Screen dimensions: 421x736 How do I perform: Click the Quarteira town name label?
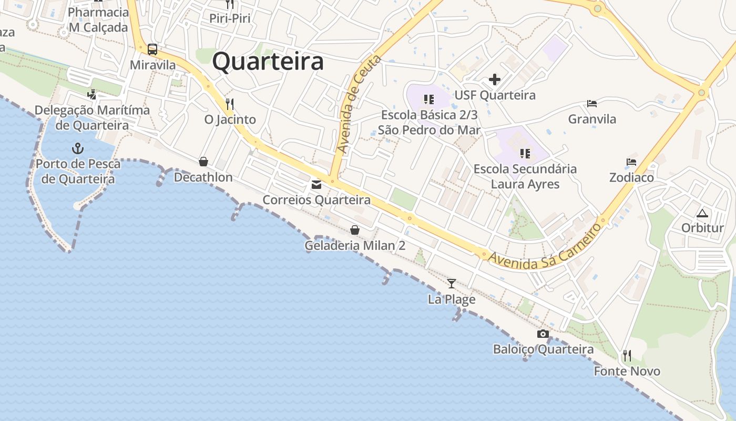point(268,62)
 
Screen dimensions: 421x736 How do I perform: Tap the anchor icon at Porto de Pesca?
point(78,148)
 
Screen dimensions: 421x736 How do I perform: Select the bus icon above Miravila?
point(152,49)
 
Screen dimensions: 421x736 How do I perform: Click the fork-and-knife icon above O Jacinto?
point(230,103)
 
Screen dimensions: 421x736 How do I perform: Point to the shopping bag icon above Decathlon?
point(203,162)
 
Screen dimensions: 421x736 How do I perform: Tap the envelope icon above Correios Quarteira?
point(316,185)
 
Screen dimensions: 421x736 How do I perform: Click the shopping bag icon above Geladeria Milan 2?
point(355,230)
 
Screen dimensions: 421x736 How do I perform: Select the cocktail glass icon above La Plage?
point(452,284)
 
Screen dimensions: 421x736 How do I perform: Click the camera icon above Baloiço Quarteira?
point(543,334)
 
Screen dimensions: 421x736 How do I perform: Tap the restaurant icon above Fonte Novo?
point(627,356)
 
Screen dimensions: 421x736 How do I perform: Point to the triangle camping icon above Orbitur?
point(702,213)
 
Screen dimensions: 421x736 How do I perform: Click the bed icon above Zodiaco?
point(631,162)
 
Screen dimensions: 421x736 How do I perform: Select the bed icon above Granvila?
point(592,104)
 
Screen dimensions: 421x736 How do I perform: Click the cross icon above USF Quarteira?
point(495,79)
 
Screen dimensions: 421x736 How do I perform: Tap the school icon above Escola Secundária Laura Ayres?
point(525,153)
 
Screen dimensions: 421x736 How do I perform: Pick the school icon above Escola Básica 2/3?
point(429,99)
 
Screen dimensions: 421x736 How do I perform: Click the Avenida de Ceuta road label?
point(359,104)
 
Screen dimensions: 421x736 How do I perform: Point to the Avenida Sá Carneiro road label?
point(545,246)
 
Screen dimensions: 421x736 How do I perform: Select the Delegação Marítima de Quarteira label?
point(92,118)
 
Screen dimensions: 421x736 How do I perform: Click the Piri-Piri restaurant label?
point(230,18)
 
